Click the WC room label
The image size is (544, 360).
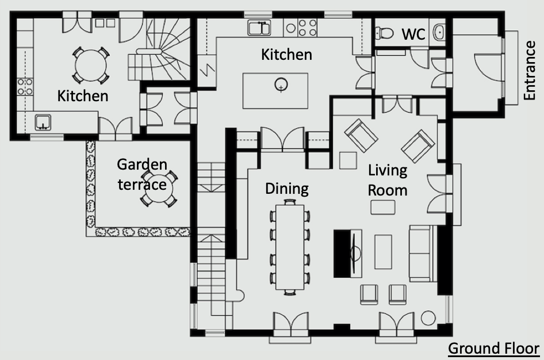pyautogui.click(x=413, y=34)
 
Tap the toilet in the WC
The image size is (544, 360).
pyautogui.click(x=384, y=33)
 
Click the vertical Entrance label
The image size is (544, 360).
pyautogui.click(x=530, y=71)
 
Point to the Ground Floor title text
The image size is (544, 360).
pyautogui.click(x=494, y=348)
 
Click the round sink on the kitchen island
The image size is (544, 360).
pyautogui.click(x=281, y=85)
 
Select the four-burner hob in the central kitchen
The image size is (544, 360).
pyautogui.click(x=308, y=28)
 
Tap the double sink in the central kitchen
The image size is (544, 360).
pyautogui.click(x=259, y=28)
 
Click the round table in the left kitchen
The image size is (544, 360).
pyautogui.click(x=91, y=65)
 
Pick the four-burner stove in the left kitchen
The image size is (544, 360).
pyautogui.click(x=25, y=86)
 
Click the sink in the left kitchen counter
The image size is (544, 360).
pyautogui.click(x=43, y=122)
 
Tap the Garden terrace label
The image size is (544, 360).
pyautogui.click(x=142, y=174)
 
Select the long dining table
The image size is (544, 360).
pyautogui.click(x=290, y=247)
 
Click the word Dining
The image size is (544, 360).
pyautogui.click(x=287, y=189)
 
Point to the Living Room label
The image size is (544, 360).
pyautogui.click(x=388, y=181)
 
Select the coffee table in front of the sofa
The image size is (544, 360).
pyautogui.click(x=383, y=252)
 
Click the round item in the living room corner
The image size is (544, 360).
pyautogui.click(x=428, y=318)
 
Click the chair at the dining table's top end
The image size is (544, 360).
pyautogui.click(x=290, y=202)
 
